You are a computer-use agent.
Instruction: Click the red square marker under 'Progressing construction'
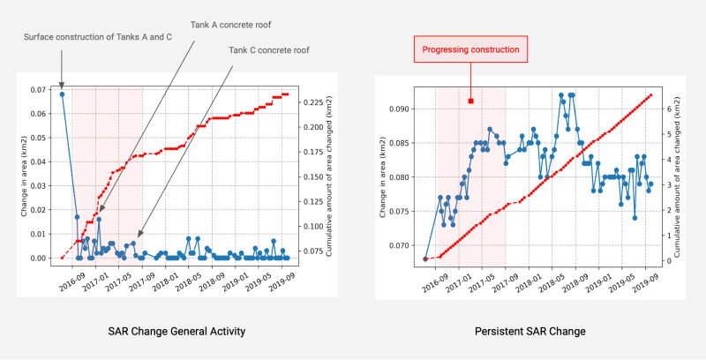tap(471, 101)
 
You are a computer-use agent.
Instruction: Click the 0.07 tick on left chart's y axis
tap(41, 90)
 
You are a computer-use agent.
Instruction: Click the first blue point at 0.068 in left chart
tap(62, 94)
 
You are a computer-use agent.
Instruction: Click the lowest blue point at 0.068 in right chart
tap(425, 259)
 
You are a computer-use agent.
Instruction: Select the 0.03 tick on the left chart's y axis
tap(41, 185)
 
